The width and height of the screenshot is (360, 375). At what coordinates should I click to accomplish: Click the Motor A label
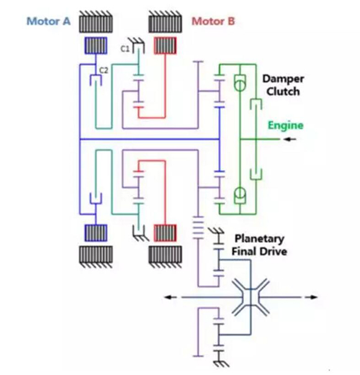(x=48, y=21)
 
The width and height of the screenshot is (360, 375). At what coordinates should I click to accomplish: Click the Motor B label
(x=214, y=21)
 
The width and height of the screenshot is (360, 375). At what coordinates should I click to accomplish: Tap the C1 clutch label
(x=125, y=49)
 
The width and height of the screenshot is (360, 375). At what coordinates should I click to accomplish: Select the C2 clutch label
(x=104, y=70)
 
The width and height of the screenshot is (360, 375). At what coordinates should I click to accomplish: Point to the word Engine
(x=286, y=125)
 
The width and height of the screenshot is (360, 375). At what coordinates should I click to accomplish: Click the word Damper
(x=283, y=79)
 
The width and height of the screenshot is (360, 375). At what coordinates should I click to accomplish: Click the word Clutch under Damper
(x=283, y=91)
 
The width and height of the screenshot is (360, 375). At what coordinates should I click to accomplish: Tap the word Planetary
(x=259, y=238)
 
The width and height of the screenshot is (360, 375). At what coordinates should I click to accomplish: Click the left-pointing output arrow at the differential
(x=171, y=297)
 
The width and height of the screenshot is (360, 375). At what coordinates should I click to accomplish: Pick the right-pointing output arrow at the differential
(x=311, y=297)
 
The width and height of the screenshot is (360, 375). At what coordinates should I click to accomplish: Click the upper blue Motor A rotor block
(x=96, y=45)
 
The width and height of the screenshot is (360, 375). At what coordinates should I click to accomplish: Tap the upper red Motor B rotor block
(x=165, y=45)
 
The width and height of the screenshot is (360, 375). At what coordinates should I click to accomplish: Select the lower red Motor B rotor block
(x=165, y=233)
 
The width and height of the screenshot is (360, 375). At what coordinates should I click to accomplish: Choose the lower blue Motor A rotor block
(x=96, y=233)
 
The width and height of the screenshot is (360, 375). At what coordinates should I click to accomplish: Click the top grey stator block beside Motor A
(x=96, y=22)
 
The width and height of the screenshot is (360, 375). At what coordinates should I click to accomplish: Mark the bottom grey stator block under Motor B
(x=165, y=257)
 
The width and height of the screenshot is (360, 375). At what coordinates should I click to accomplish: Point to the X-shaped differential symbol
(x=251, y=297)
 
